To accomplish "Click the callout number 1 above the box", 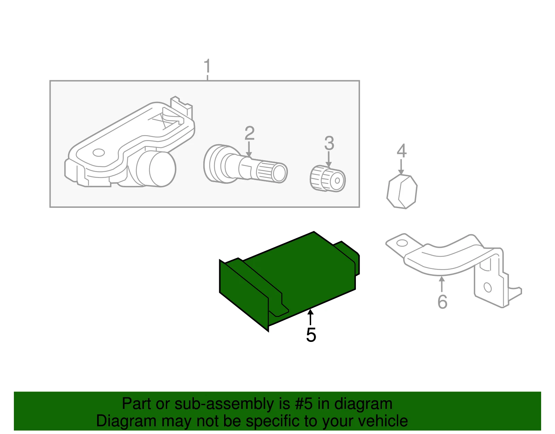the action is tap(207, 66).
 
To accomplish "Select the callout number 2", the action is tap(249, 133).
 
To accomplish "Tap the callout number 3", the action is tap(329, 143).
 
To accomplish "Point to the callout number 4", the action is tap(402, 151).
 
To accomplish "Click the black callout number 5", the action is tap(311, 335).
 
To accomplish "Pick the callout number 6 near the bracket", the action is tap(442, 302).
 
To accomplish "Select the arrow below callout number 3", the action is tap(329, 159).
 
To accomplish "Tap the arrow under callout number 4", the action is tap(401, 167).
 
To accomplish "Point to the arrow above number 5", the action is tap(310, 317).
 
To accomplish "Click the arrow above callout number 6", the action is tap(442, 284).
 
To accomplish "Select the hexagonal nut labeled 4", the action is tap(402, 191).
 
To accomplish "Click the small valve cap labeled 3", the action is tap(328, 178).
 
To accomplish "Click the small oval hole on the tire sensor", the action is tap(99, 153).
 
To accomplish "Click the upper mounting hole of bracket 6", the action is tap(402, 243).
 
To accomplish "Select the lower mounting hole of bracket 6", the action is tap(488, 287).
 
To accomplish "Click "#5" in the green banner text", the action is tap(304, 404).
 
